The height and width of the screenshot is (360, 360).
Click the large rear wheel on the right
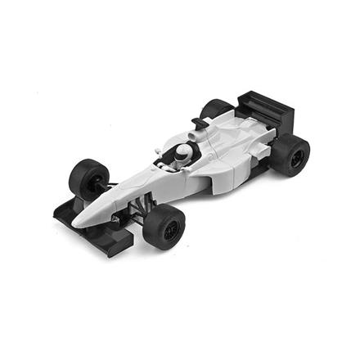[290, 154]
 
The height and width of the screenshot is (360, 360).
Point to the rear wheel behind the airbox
[216, 110]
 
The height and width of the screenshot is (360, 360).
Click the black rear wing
[263, 106]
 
